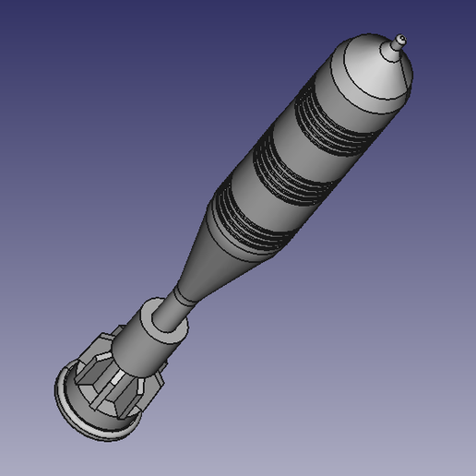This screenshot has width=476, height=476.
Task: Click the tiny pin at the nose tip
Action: pyautogui.click(x=399, y=40)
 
